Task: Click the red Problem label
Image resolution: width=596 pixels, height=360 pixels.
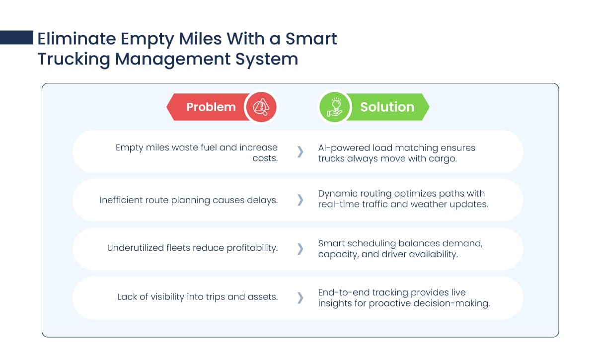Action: click(x=211, y=107)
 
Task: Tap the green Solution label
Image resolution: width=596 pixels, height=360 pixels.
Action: click(x=387, y=107)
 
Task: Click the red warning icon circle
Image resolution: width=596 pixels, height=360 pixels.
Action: click(x=261, y=107)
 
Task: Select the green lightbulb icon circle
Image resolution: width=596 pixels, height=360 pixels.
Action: click(x=335, y=107)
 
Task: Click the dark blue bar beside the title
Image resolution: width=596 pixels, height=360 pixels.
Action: click(x=16, y=38)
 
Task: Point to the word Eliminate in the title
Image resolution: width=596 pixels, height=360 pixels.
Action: click(x=76, y=39)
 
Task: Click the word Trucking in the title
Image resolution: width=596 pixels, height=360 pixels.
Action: click(x=74, y=59)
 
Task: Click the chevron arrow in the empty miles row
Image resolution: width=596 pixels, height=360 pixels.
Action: click(x=300, y=151)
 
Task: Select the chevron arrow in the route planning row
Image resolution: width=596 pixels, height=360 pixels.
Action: click(x=300, y=200)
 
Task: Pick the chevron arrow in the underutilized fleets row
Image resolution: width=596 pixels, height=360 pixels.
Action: click(x=300, y=249)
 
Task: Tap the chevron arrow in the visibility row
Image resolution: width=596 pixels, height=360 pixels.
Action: click(x=300, y=298)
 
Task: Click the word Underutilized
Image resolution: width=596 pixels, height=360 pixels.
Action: click(x=136, y=248)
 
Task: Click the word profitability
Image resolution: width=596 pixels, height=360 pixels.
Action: click(x=252, y=248)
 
